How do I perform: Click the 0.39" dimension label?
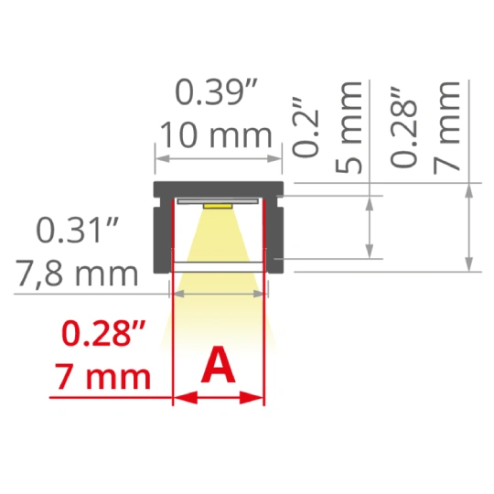click(217, 92)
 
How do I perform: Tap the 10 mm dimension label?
click(217, 135)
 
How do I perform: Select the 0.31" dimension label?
click(78, 230)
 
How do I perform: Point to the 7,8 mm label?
click(78, 274)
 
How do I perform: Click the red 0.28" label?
click(104, 333)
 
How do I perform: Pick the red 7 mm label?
click(103, 377)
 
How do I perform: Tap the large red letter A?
click(218, 365)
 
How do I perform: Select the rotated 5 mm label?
click(349, 127)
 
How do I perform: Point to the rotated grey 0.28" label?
click(404, 126)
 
